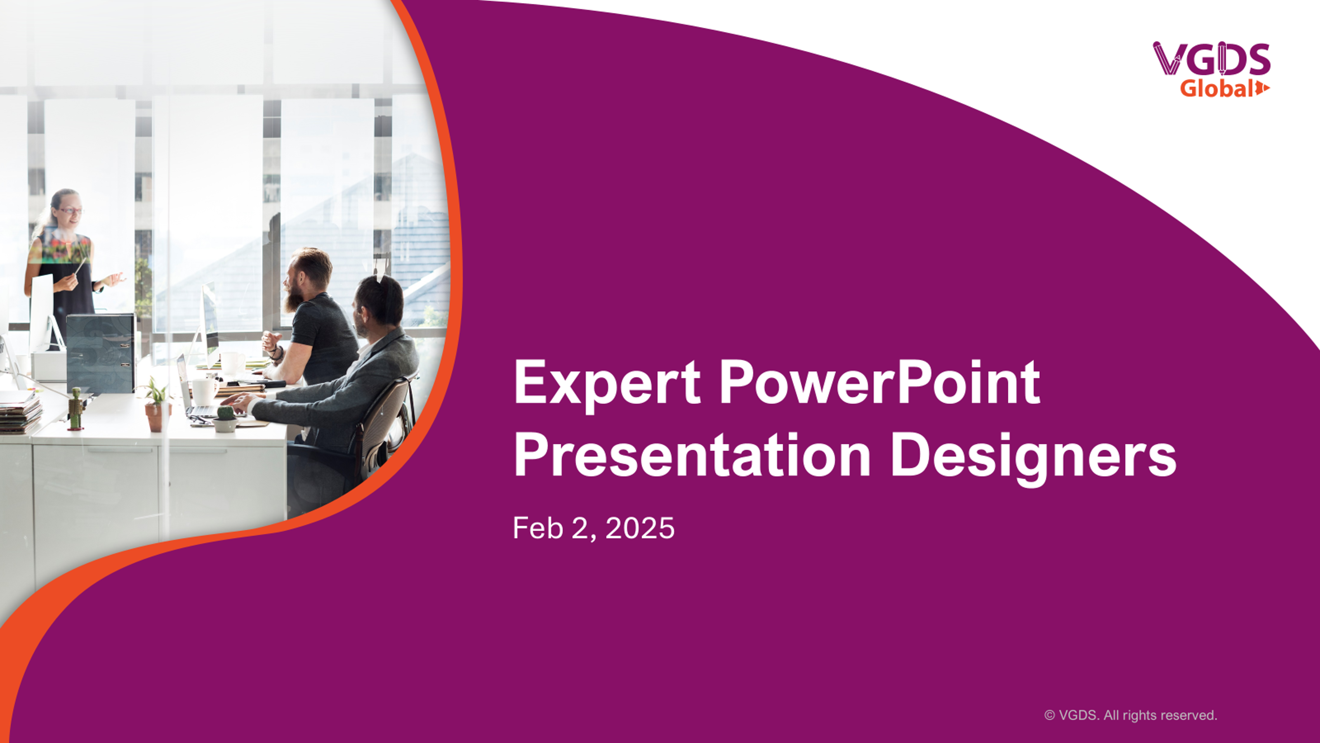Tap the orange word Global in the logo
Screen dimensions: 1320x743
click(x=1216, y=88)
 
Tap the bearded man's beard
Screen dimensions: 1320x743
click(x=294, y=296)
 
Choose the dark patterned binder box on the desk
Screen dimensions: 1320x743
click(x=101, y=353)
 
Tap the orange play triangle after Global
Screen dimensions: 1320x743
click(x=1262, y=88)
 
